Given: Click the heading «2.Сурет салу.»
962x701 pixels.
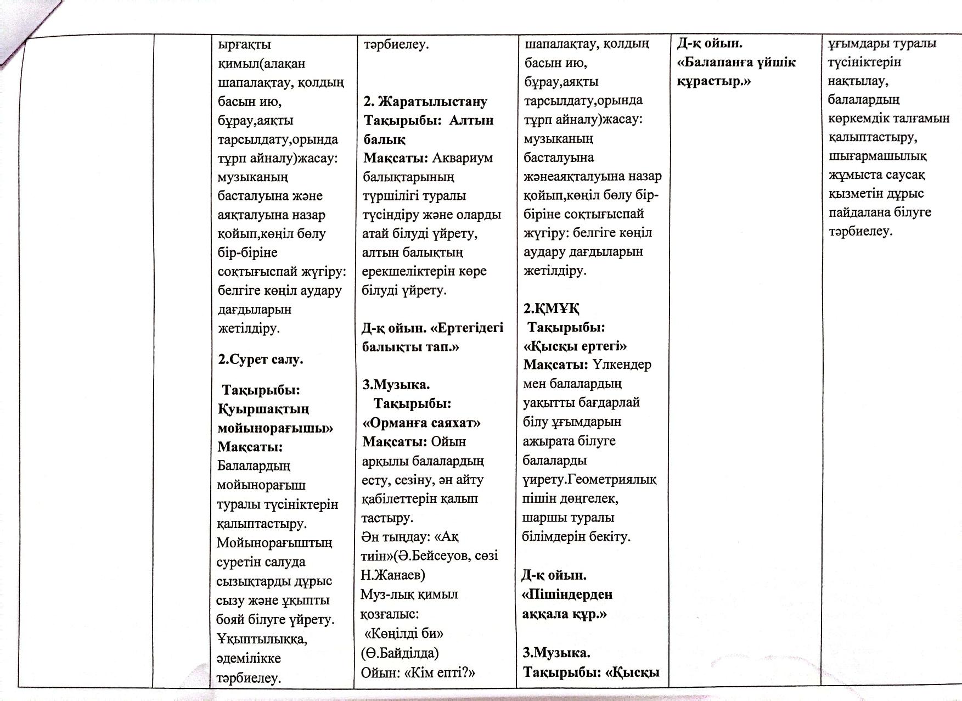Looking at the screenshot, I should tap(261, 360).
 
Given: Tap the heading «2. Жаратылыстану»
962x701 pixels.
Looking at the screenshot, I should tap(425, 102).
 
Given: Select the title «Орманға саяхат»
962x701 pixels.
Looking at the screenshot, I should tap(421, 423).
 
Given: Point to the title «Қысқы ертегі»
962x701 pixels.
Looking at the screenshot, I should tap(575, 346).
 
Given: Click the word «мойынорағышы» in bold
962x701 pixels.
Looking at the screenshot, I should tap(275, 428).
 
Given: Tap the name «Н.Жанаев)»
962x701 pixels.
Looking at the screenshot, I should tap(392, 575).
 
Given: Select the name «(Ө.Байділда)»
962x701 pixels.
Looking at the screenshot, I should tap(400, 653).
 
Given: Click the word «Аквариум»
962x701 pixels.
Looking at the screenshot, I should tap(462, 158).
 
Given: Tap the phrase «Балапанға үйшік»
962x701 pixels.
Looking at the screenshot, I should tap(736, 63).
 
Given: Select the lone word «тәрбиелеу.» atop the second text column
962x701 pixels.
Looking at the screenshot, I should tap(396, 44).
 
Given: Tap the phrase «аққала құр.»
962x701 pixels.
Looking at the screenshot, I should tap(564, 614).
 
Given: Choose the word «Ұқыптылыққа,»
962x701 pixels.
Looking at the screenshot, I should tap(262, 639).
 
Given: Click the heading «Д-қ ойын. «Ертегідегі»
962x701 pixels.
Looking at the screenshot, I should tap(432, 328).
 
